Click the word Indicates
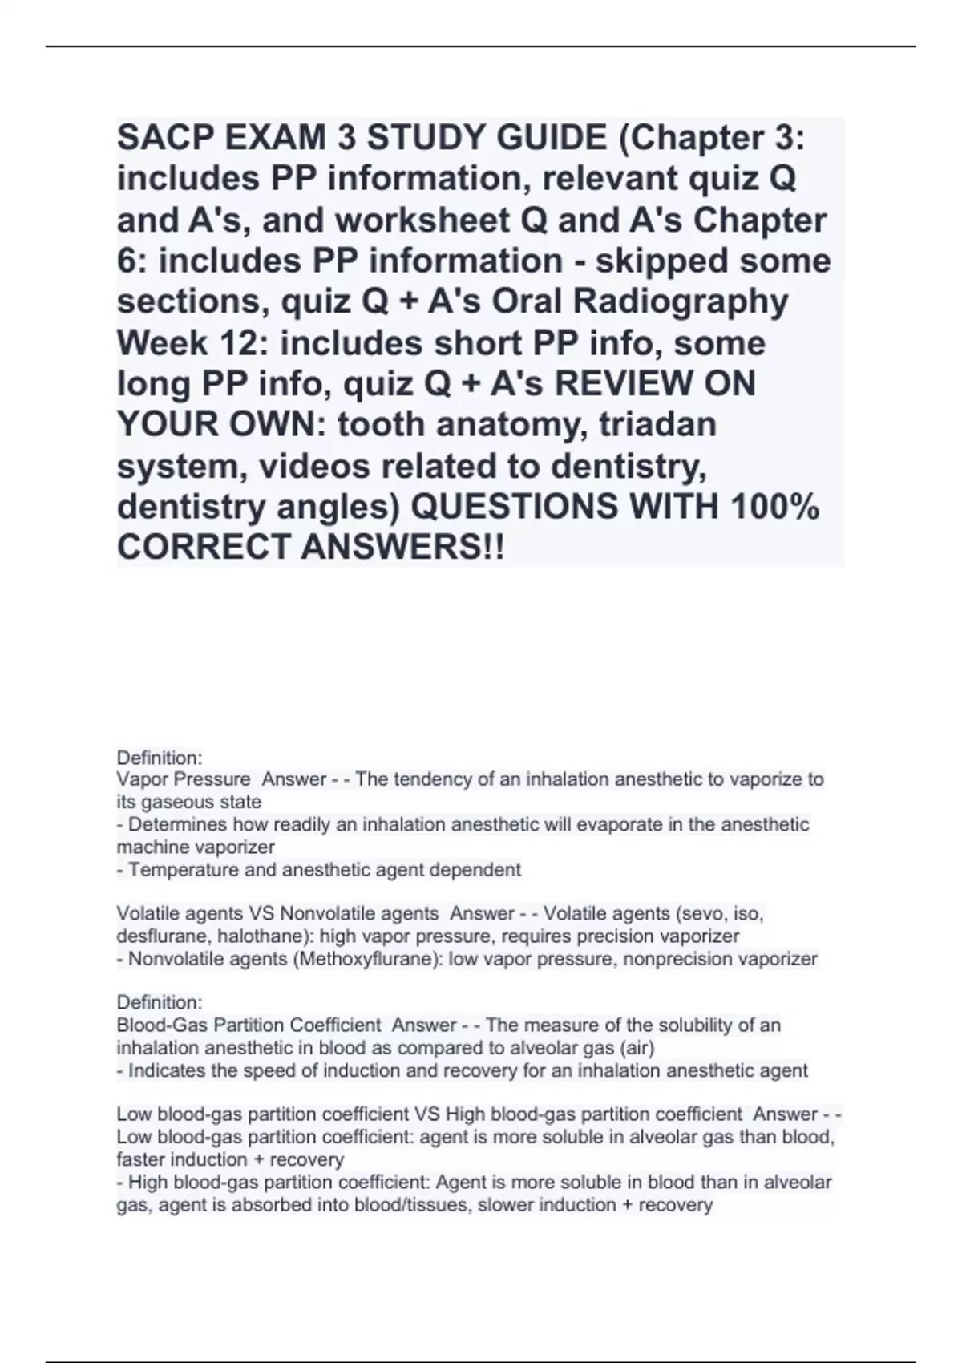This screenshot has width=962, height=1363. click(x=166, y=1070)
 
